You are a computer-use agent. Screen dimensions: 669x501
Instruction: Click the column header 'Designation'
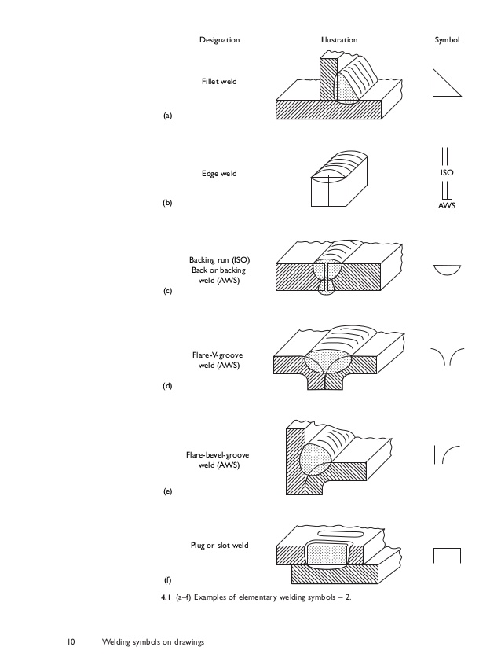click(x=219, y=39)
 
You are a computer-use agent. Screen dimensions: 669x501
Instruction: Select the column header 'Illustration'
click(x=339, y=39)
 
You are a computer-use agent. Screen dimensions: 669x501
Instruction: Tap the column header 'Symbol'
click(x=447, y=39)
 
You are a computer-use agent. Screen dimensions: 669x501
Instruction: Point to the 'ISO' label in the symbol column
click(x=447, y=172)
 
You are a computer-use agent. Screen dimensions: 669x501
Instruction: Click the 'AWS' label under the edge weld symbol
click(x=447, y=206)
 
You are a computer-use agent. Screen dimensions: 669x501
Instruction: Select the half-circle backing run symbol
click(x=447, y=270)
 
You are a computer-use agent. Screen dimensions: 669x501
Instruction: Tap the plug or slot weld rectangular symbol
click(x=447, y=555)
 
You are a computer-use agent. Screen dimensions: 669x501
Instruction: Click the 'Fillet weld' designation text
click(x=219, y=81)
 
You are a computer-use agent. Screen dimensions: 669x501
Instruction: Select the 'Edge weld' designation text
click(x=219, y=173)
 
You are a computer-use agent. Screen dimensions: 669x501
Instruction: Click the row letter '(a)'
click(x=167, y=116)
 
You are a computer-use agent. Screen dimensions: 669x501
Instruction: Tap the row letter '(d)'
click(x=167, y=385)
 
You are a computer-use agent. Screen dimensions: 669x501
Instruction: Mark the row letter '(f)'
click(x=167, y=581)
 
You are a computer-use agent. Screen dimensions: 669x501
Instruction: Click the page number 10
click(x=70, y=643)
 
